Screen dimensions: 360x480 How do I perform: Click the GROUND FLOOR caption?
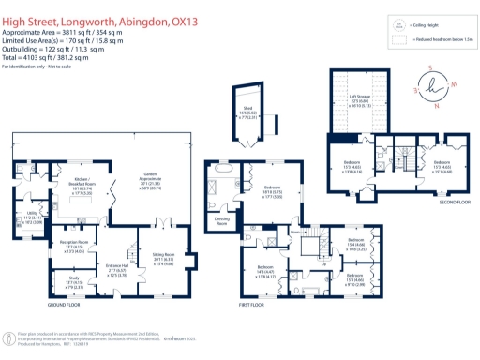pos(67,306)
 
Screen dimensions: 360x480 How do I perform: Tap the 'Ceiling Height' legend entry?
pos(421,28)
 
